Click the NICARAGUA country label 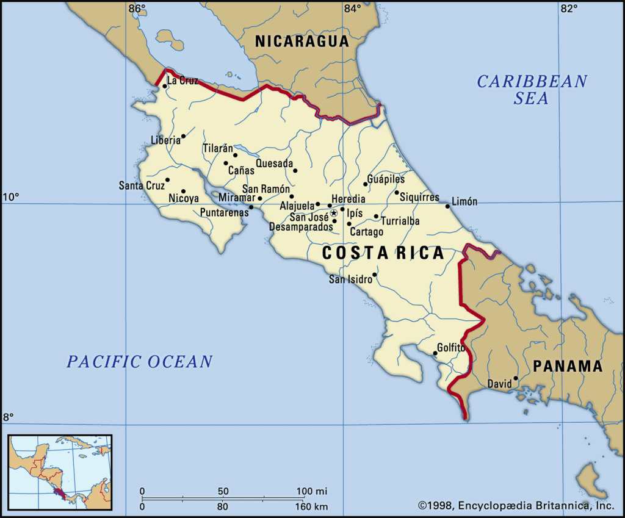(x=302, y=41)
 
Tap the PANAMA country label (x=567, y=366)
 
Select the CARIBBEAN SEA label (x=532, y=89)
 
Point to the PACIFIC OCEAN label (x=140, y=362)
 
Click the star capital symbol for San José (x=334, y=213)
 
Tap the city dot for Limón (x=447, y=206)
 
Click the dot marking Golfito (x=435, y=353)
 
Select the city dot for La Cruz (x=165, y=86)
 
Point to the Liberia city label (x=165, y=140)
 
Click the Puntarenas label (x=225, y=213)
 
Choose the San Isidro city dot (x=374, y=275)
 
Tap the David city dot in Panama (x=516, y=378)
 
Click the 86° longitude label (x=137, y=9)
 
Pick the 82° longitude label (x=569, y=9)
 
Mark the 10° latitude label (x=11, y=196)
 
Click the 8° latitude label (x=9, y=417)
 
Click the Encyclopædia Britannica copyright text (x=516, y=505)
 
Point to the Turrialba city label (x=400, y=221)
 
